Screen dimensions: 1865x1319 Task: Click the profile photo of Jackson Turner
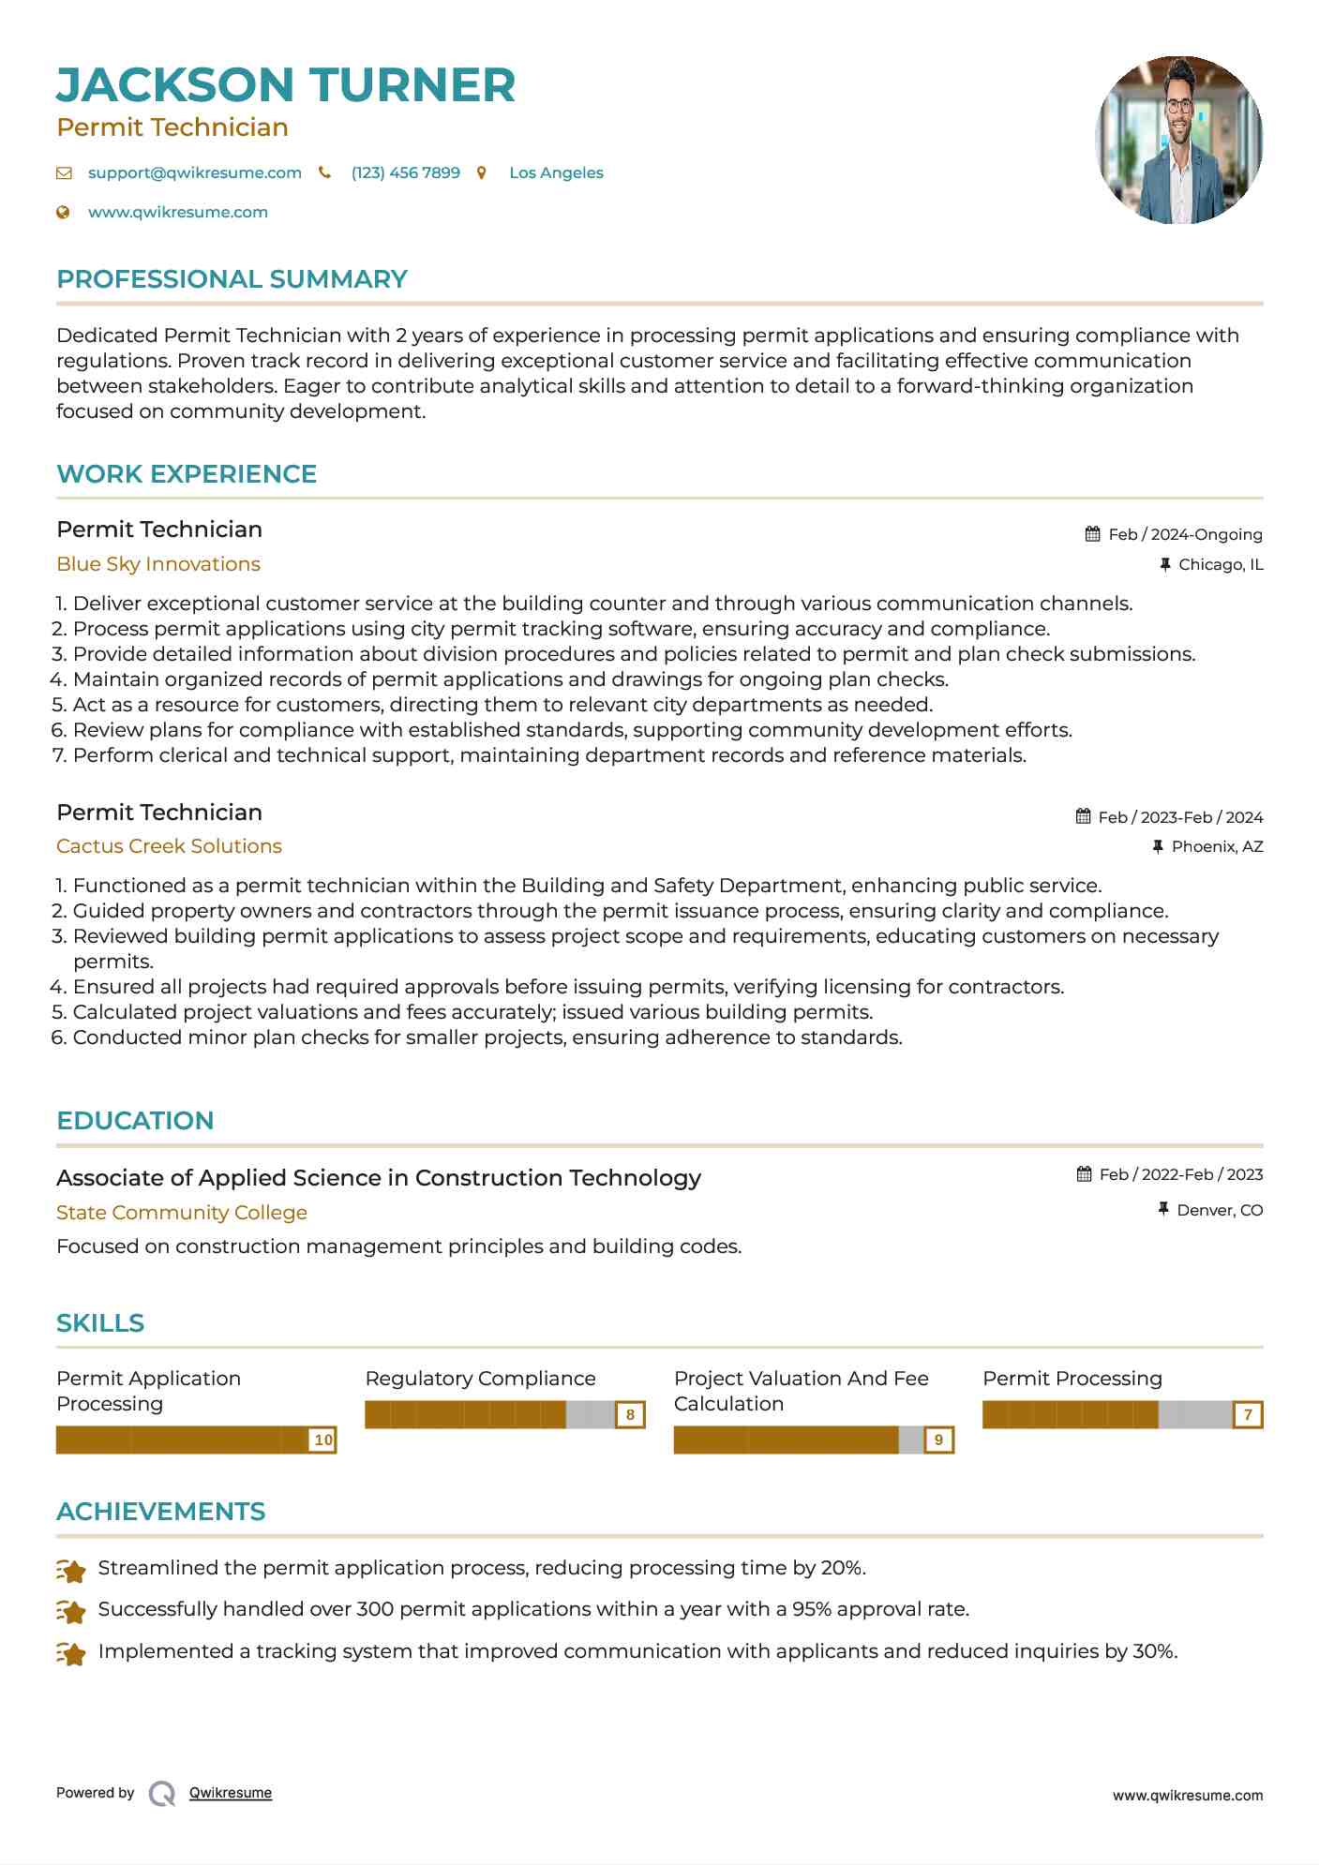click(x=1178, y=141)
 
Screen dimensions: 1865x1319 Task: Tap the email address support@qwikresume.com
click(x=194, y=172)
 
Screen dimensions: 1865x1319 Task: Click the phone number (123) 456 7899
click(x=405, y=172)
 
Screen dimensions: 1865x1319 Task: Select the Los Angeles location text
click(x=556, y=172)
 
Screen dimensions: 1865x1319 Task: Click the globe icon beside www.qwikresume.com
click(x=64, y=213)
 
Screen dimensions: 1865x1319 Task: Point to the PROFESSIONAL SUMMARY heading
click(x=232, y=279)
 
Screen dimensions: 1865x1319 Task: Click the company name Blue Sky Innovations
click(x=157, y=564)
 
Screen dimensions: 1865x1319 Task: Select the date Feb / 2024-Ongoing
click(x=1185, y=534)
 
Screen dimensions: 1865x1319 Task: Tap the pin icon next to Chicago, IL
click(x=1164, y=564)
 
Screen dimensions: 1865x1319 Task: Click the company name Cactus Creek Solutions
click(x=169, y=846)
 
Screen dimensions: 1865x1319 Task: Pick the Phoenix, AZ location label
click(x=1217, y=846)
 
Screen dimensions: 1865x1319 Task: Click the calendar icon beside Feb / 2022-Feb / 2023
click(x=1084, y=1174)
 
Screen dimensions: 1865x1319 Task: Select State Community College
click(x=181, y=1213)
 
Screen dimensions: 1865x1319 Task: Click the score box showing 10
click(x=322, y=1440)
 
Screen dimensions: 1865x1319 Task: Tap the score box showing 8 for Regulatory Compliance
click(x=630, y=1414)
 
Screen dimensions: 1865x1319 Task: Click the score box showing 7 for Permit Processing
click(x=1248, y=1414)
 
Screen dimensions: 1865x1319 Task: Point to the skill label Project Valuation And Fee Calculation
click(x=801, y=1391)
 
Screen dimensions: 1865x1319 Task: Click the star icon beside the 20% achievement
click(x=71, y=1570)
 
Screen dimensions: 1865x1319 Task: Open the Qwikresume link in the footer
click(x=230, y=1793)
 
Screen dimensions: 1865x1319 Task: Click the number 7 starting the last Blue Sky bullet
click(x=59, y=755)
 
